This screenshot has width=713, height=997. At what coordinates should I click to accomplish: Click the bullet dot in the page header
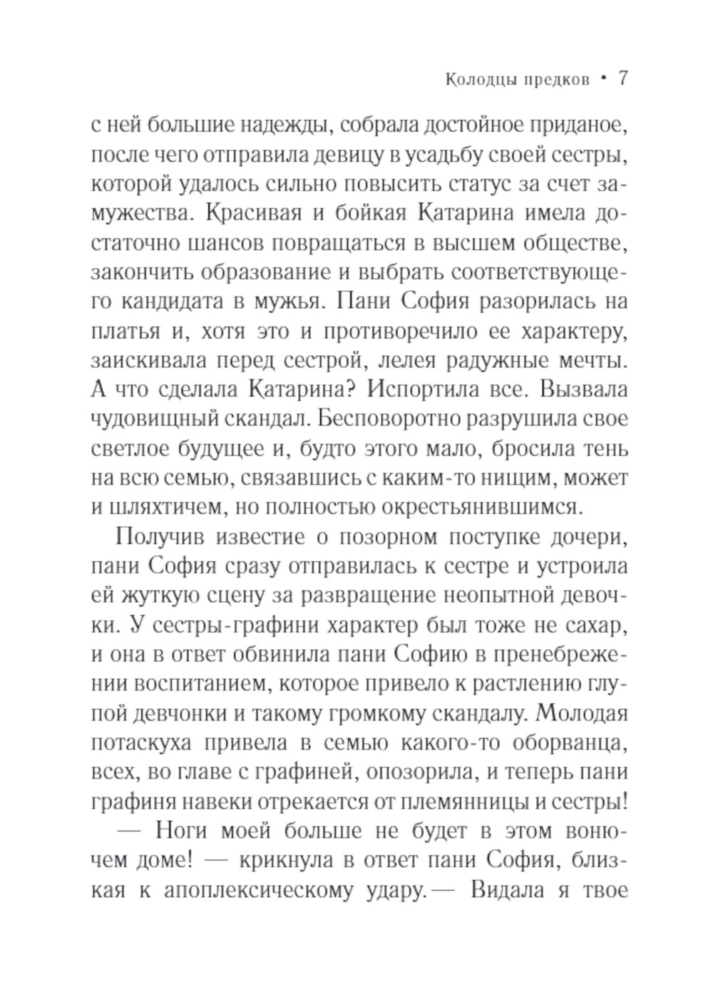[603, 80]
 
